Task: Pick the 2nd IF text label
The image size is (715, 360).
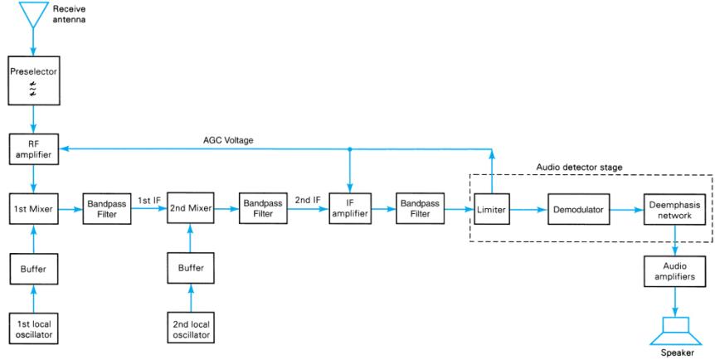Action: tap(307, 200)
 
